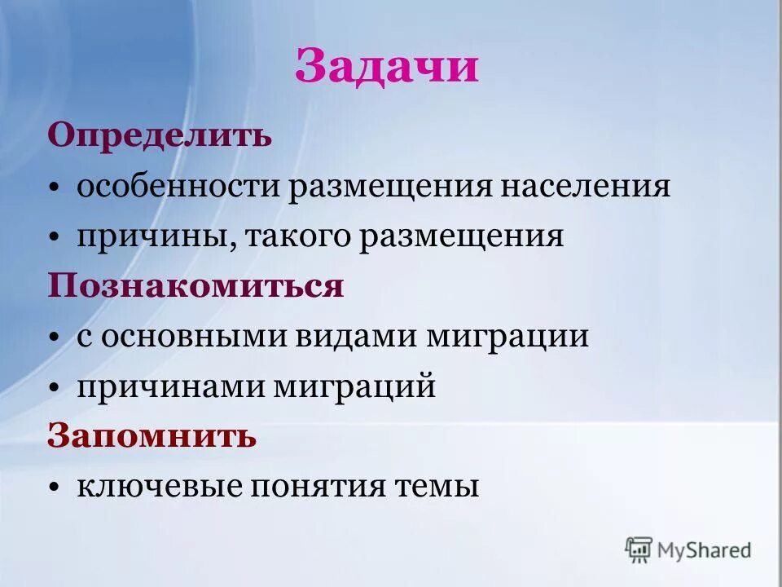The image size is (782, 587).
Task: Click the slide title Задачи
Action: (x=386, y=67)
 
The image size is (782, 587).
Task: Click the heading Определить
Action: (x=160, y=135)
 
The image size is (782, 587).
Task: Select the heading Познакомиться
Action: (x=195, y=286)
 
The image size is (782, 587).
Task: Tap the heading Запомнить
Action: (x=152, y=435)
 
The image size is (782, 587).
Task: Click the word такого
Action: (x=300, y=236)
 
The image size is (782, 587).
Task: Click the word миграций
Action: (x=352, y=386)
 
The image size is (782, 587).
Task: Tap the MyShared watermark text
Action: (x=705, y=550)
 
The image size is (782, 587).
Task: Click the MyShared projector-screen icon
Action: (x=639, y=549)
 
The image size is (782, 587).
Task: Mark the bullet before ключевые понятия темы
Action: (x=54, y=488)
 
